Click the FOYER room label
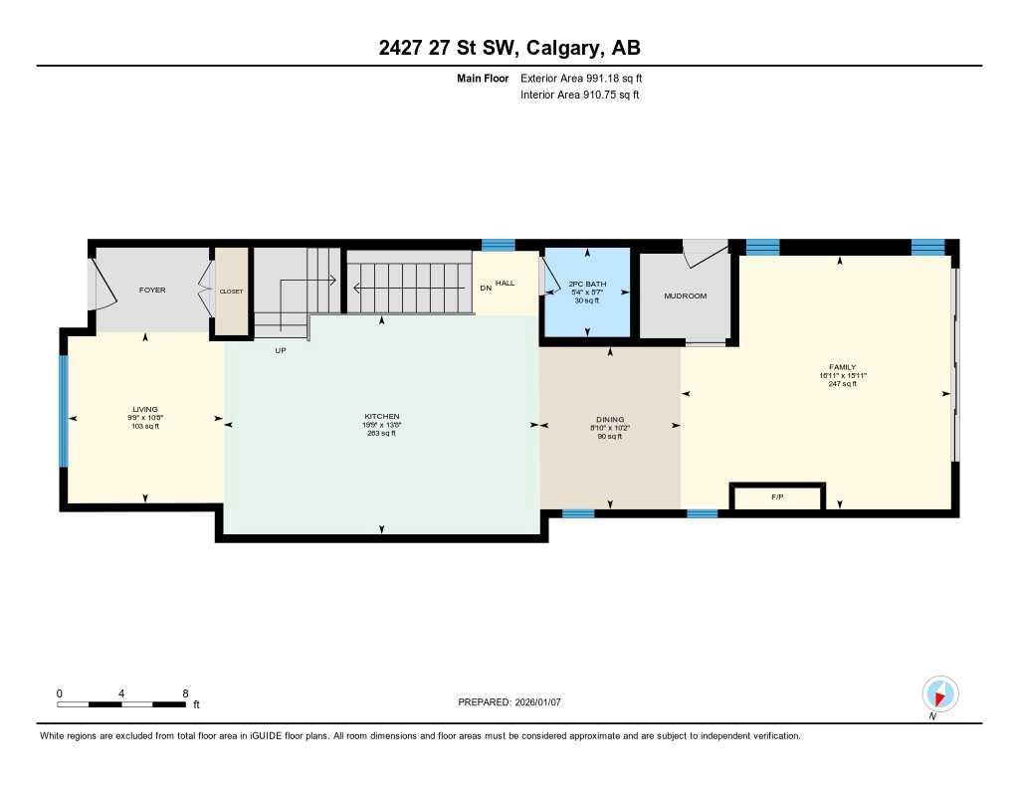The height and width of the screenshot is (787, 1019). click(152, 290)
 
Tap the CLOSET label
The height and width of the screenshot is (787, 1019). click(231, 292)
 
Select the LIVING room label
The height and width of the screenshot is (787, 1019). click(145, 409)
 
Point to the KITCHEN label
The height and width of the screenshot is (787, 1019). click(381, 417)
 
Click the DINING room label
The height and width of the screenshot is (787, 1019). click(609, 420)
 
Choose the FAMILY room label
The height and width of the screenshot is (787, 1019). click(842, 367)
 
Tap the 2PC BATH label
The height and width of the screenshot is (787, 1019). click(587, 284)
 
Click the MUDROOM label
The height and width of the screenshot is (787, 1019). click(685, 295)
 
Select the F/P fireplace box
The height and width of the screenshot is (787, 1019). click(777, 496)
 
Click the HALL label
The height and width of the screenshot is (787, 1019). click(506, 284)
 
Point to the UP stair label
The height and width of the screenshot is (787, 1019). click(281, 350)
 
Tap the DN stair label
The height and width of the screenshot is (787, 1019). click(485, 288)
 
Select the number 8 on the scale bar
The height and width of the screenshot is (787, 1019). click(185, 692)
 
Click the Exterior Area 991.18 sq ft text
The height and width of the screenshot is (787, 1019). click(588, 78)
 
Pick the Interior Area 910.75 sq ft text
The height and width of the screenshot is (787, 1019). click(579, 96)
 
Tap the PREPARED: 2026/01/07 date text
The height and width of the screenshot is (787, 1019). click(509, 702)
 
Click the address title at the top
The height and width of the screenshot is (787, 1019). click(509, 49)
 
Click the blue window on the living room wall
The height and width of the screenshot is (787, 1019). click(64, 411)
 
